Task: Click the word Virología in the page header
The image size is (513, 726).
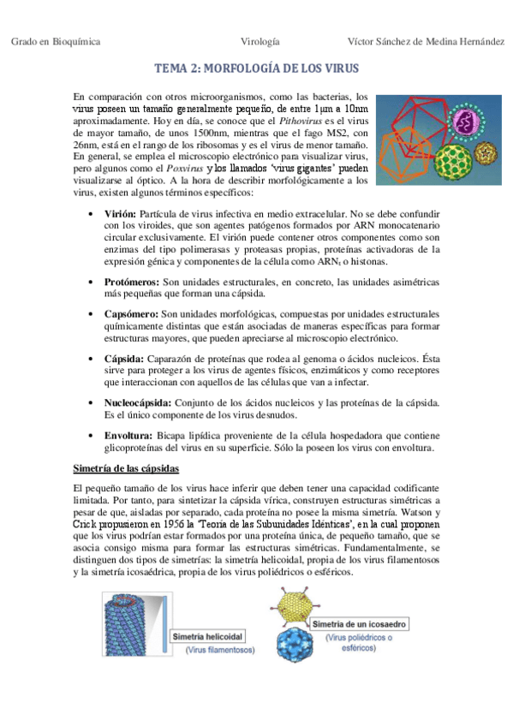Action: pyautogui.click(x=261, y=41)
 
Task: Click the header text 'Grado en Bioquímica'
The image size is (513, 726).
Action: pyautogui.click(x=56, y=41)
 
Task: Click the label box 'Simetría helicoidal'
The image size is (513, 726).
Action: pyautogui.click(x=209, y=636)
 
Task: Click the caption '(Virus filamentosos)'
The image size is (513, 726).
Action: pyautogui.click(x=221, y=651)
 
